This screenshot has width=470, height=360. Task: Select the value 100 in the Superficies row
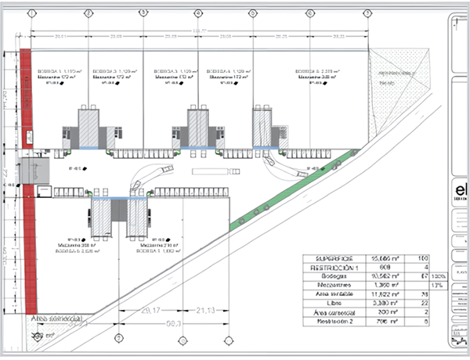point(422,257)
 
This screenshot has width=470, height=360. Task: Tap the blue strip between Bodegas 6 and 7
point(120,200)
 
